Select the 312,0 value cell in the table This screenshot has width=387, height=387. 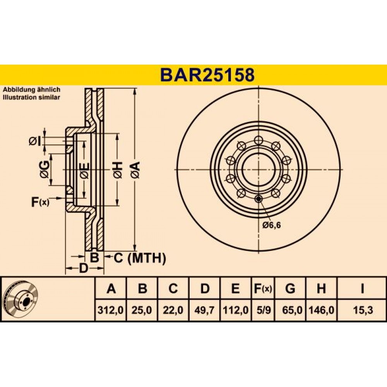coord(111,310)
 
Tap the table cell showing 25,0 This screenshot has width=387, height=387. coord(142,310)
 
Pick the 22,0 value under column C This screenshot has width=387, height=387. coord(173,310)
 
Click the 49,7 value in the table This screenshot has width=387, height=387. coord(204,310)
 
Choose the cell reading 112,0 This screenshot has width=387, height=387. coord(236,310)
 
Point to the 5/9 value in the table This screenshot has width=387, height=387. coord(263,310)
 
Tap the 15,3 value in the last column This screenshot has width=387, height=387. coord(363,310)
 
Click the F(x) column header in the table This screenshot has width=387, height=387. coord(263,289)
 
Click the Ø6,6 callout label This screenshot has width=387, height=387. coord(272,225)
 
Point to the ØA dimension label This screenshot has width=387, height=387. coord(136,170)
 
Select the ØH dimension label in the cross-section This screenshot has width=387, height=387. coord(118,170)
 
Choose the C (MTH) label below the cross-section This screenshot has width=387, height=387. coord(139,259)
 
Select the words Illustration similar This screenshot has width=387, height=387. coord(31,97)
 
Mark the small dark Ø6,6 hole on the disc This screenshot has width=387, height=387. coord(259,199)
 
